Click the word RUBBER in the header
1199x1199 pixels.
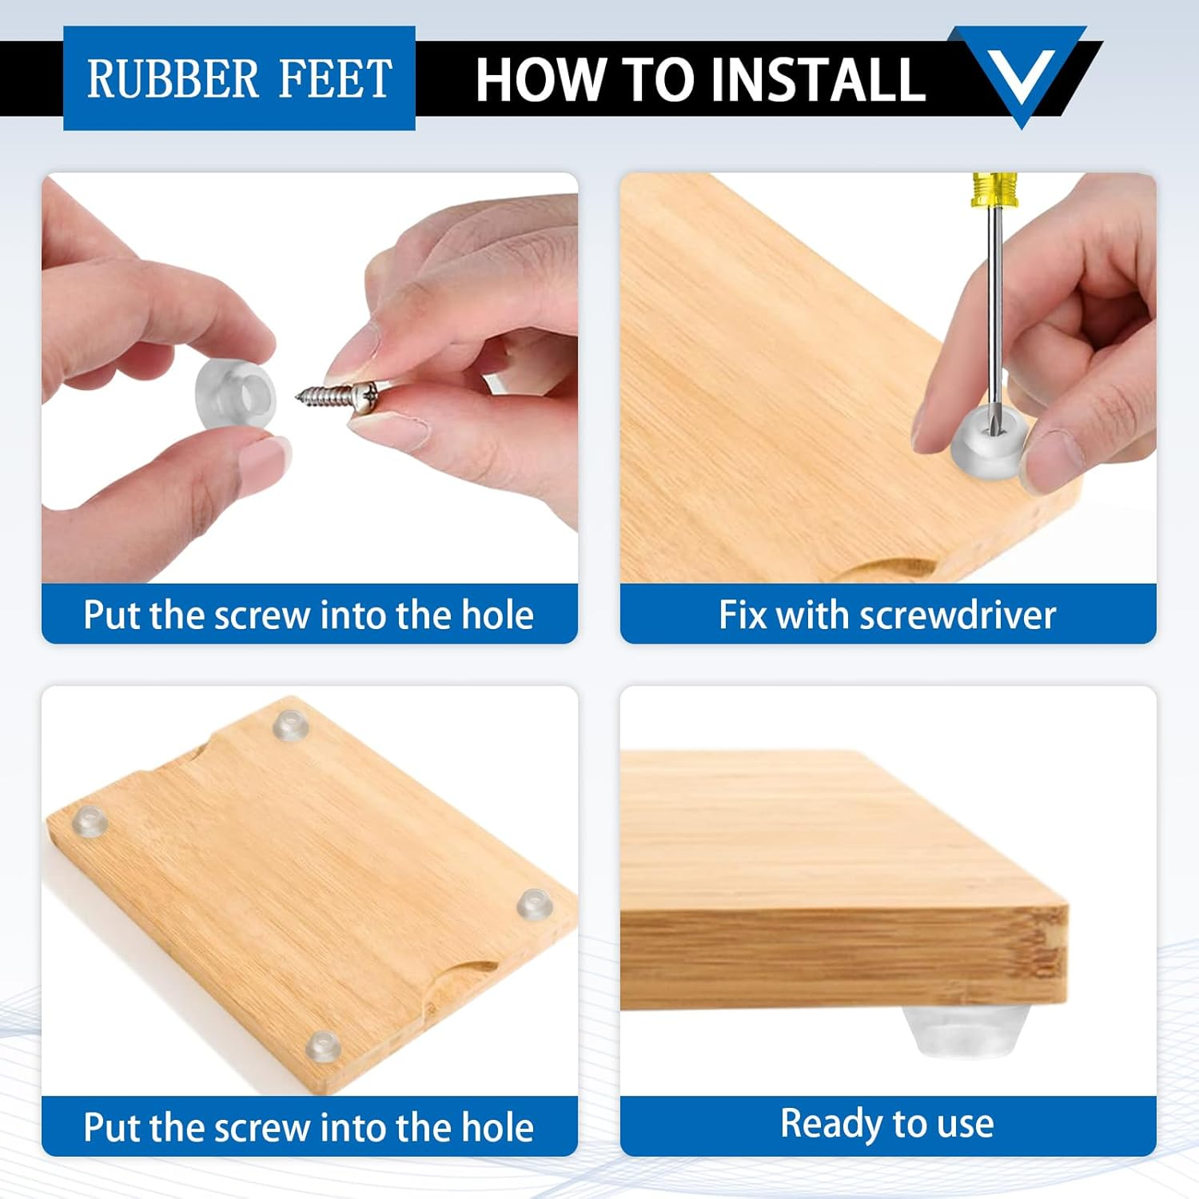pos(173,78)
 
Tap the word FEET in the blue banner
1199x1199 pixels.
pos(336,78)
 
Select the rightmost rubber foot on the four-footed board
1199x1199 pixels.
pos(534,903)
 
